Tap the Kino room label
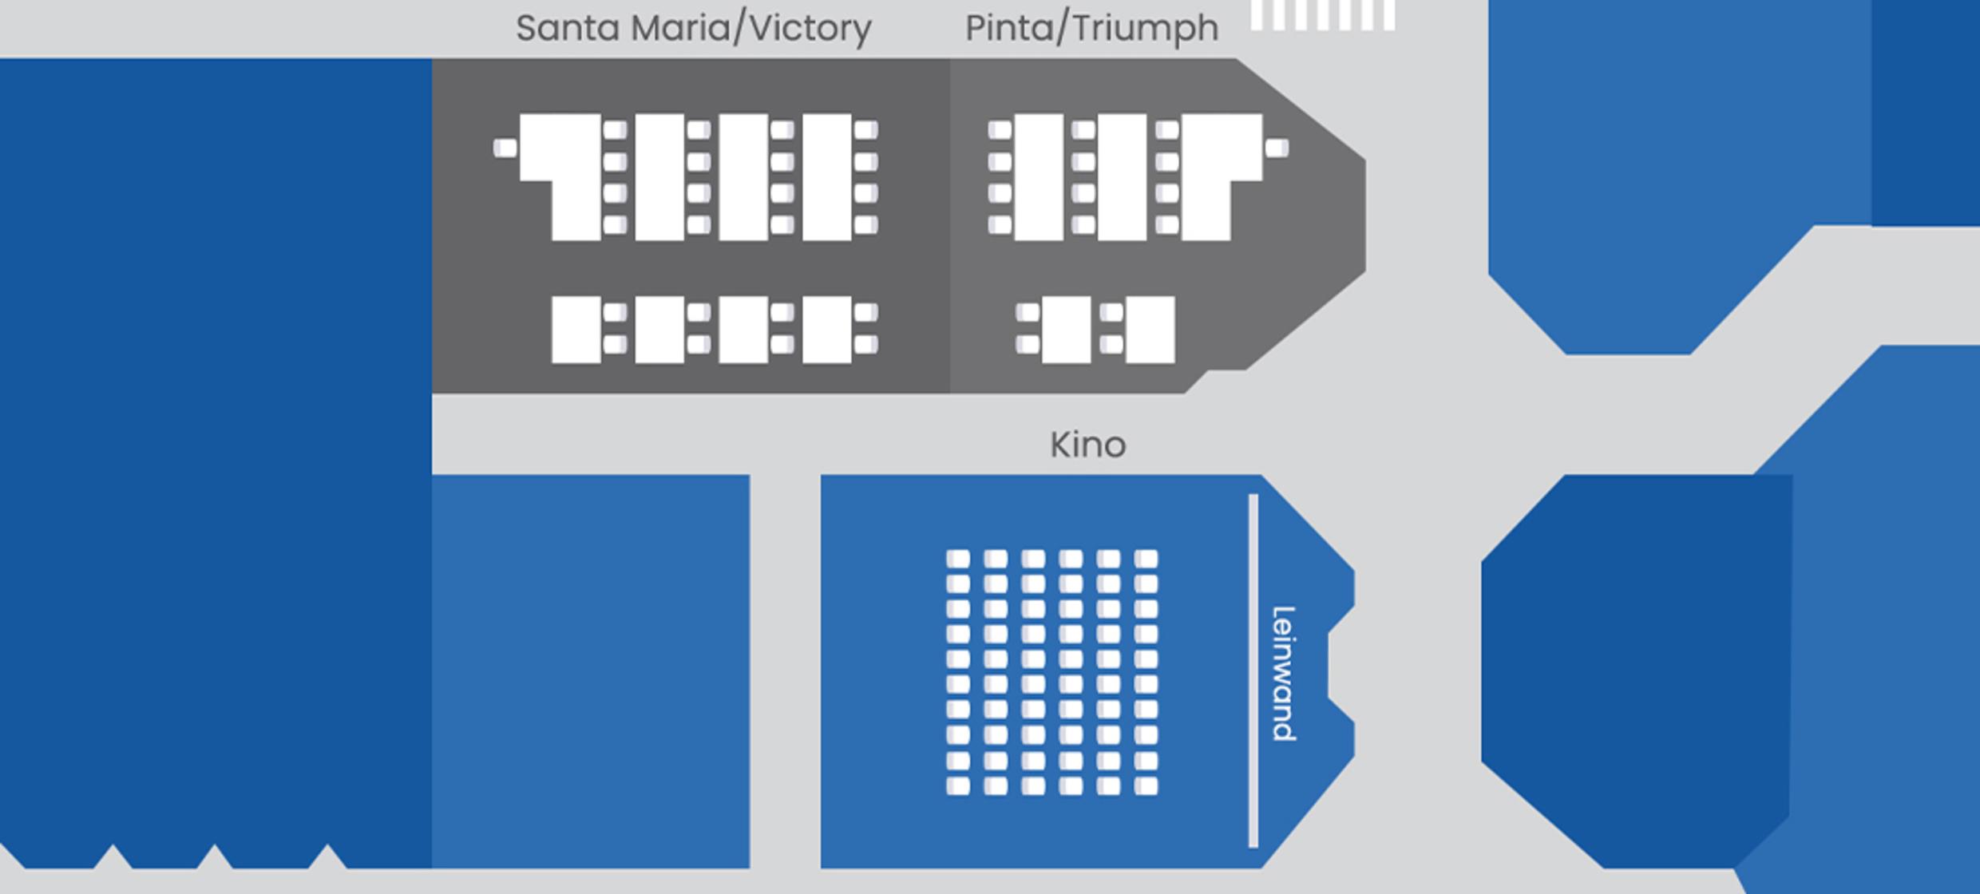tap(1088, 445)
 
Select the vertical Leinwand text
tap(1283, 674)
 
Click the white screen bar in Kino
tap(1253, 670)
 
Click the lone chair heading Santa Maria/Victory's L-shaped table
tap(505, 148)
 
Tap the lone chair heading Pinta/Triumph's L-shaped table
tap(1277, 148)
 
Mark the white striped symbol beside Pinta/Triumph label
tap(1322, 15)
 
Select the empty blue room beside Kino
tap(591, 671)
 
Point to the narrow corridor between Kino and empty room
tap(786, 671)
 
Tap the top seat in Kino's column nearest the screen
tap(1146, 559)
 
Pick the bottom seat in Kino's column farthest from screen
tap(958, 786)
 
